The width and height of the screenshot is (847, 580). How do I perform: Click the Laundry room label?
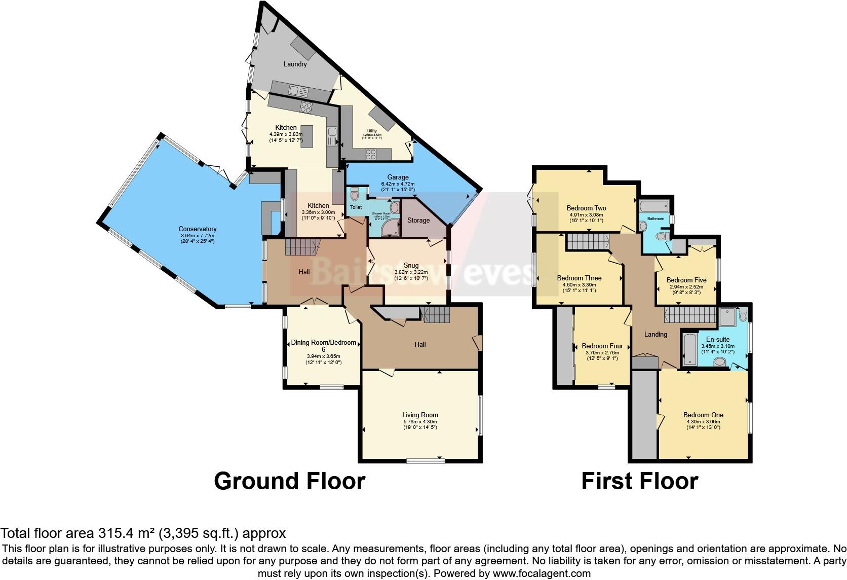[x=295, y=64]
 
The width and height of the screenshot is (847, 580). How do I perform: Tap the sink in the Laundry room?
[x=298, y=91]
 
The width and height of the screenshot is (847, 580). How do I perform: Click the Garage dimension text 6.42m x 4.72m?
[x=398, y=184]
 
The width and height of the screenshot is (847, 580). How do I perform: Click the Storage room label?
[x=418, y=220]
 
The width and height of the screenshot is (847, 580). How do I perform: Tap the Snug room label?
[x=411, y=265]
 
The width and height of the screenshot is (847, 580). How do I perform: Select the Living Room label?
[x=420, y=415]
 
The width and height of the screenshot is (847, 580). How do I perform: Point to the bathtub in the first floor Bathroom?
[x=654, y=207]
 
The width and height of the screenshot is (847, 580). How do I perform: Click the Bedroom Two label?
[x=586, y=208]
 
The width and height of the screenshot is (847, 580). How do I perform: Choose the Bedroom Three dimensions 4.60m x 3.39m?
[x=579, y=285]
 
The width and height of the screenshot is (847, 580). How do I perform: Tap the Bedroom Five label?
[x=686, y=280]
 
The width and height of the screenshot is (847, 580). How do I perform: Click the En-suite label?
[x=718, y=339]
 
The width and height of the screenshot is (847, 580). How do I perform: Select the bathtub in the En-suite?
[x=689, y=349]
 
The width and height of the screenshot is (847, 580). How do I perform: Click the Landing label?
[x=656, y=334]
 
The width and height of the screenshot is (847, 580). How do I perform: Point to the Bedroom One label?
[x=703, y=415]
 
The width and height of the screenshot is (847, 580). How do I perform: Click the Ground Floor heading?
[x=289, y=481]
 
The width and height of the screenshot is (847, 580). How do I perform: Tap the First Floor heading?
[x=639, y=481]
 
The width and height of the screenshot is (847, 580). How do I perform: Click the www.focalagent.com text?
[x=541, y=574]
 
